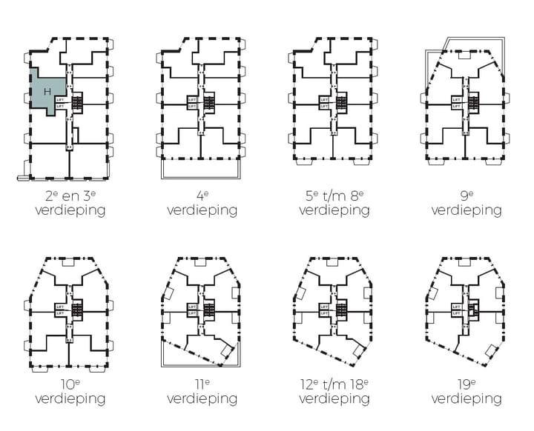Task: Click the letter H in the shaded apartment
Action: tap(47, 91)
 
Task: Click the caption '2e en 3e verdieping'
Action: tap(70, 203)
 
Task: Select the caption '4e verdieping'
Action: tap(202, 203)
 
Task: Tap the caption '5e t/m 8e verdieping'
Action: tap(334, 203)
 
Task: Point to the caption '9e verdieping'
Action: tap(466, 203)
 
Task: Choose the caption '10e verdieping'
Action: tap(70, 392)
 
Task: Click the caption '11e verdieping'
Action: tap(202, 392)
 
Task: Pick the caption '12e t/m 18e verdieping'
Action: tap(334, 392)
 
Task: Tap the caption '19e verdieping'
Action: tap(466, 392)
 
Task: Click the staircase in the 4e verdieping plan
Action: tap(209, 102)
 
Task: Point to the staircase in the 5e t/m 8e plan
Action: tap(341, 102)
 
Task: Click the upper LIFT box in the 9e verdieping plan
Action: tap(456, 98)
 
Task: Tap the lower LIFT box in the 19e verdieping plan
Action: tap(456, 313)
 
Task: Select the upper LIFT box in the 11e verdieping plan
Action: tap(192, 306)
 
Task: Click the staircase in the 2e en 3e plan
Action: tap(77, 102)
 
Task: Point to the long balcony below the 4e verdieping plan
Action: tap(202, 170)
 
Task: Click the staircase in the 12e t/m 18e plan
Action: tap(341, 310)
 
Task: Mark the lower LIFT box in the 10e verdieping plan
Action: tap(59, 313)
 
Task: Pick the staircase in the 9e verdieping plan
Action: tap(473, 102)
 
